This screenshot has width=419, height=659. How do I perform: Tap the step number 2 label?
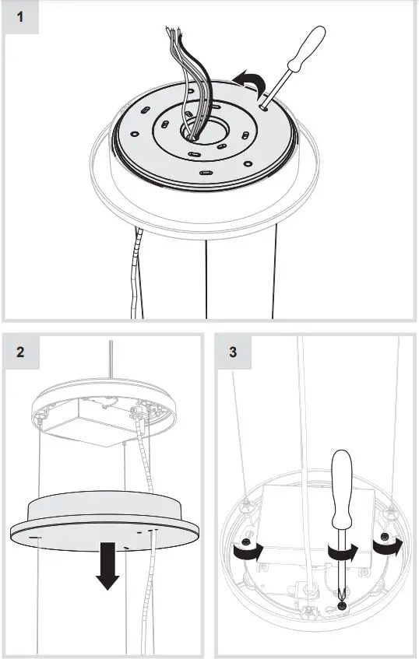pyautogui.click(x=19, y=352)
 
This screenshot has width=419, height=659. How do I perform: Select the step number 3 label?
pyautogui.click(x=232, y=352)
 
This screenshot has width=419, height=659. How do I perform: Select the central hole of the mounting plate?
pyautogui.click(x=197, y=132)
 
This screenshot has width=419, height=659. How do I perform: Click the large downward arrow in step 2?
pyautogui.click(x=107, y=569)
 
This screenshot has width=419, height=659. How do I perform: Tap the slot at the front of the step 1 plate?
pyautogui.click(x=205, y=172)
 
